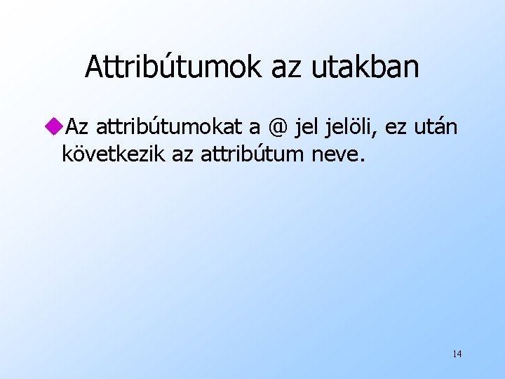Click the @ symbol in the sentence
[x=278, y=128]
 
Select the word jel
[x=308, y=128]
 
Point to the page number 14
[x=457, y=353]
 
